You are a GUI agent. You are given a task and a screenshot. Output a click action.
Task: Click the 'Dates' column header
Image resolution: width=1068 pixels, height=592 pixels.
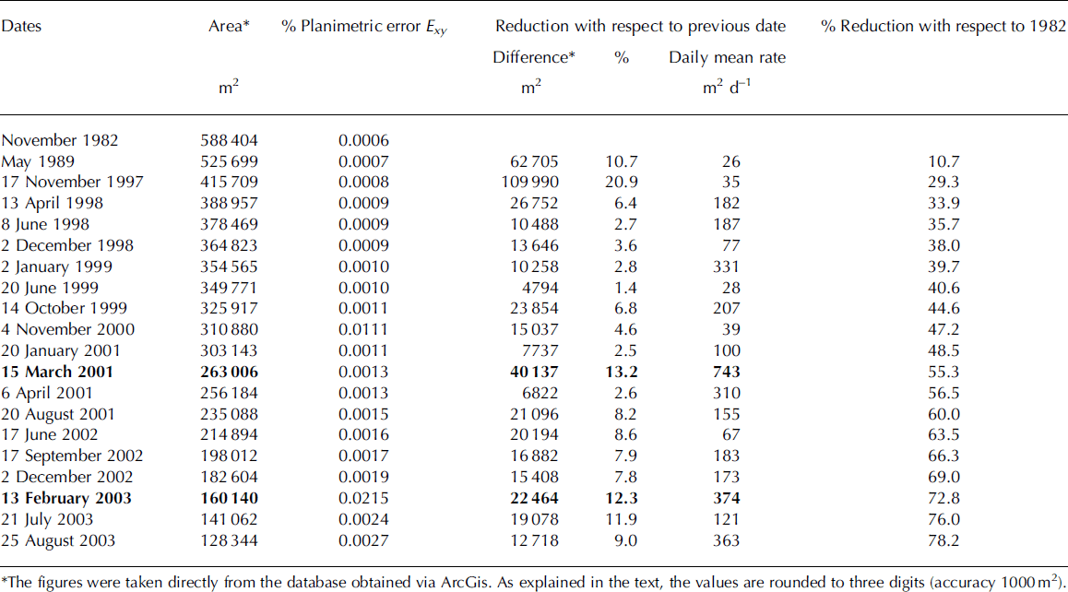[21, 26]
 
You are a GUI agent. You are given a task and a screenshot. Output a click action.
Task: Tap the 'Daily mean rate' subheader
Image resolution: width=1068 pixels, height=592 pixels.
[727, 57]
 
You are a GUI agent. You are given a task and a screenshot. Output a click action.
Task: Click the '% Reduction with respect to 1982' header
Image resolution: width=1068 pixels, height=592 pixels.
[943, 26]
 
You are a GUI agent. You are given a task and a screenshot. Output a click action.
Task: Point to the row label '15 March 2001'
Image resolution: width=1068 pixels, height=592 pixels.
[57, 372]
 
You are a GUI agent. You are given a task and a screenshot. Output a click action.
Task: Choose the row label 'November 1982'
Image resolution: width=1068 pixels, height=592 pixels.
[59, 140]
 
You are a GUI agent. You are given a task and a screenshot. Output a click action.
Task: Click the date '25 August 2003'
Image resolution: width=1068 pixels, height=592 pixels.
[59, 540]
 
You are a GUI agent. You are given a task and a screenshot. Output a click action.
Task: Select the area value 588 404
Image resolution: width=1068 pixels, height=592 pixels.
[230, 140]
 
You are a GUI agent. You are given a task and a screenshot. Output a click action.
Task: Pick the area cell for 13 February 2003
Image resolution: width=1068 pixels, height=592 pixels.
[230, 498]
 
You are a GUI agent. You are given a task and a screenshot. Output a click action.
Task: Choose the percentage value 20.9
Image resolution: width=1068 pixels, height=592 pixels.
[622, 183]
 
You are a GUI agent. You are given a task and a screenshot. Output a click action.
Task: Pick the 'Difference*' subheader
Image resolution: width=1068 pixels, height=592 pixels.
[534, 57]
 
